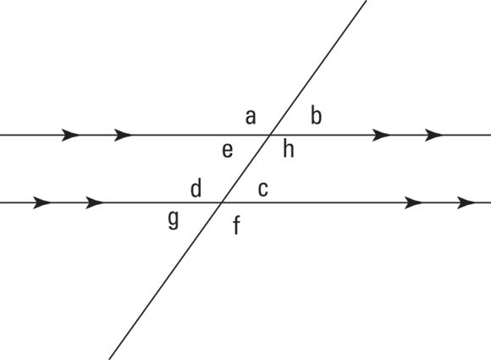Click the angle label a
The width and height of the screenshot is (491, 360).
pos(251,118)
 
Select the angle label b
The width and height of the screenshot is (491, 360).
pos(316,115)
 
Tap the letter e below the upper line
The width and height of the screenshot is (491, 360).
pos(228,151)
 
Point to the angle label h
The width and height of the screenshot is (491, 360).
pos(289,148)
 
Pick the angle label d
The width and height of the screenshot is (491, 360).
pos(196,188)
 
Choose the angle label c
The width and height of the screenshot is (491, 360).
pos(263,189)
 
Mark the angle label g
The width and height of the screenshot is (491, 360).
pos(174,219)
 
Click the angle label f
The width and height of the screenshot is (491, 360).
pos(237,225)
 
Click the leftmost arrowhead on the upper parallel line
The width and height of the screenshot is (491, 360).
pos(71,135)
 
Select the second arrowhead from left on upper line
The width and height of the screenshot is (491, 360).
pos(124,135)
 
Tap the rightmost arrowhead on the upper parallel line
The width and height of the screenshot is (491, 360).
pos(434,135)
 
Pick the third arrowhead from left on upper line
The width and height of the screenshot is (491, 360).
pos(382,135)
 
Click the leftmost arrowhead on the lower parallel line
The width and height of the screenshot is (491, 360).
pos(42,202)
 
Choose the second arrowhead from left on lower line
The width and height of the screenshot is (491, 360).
pos(95,202)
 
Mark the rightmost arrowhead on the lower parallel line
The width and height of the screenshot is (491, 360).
pos(466,202)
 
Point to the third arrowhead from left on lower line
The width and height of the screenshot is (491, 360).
pos(413,202)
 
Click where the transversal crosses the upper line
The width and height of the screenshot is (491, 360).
pos(270,135)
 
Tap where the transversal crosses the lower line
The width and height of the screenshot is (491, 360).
pos(222,202)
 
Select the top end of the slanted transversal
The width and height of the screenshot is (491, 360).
pos(367,1)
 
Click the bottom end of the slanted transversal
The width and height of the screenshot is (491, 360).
pos(109,359)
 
